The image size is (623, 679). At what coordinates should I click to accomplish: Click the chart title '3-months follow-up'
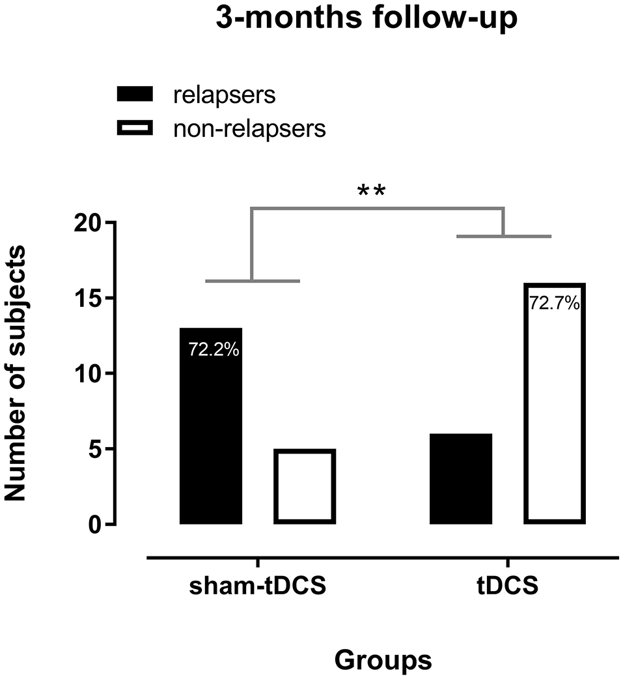click(367, 19)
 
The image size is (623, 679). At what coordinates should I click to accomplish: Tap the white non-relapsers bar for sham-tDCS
click(305, 486)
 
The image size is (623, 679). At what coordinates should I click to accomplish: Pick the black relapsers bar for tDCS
click(461, 478)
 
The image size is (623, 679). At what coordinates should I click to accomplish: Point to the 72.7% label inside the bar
click(555, 303)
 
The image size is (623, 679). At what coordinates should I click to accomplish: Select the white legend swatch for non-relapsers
click(134, 129)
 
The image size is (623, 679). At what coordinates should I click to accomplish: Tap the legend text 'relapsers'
click(225, 95)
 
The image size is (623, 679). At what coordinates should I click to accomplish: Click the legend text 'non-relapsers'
click(249, 129)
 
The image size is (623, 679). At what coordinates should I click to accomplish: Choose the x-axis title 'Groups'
click(383, 659)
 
